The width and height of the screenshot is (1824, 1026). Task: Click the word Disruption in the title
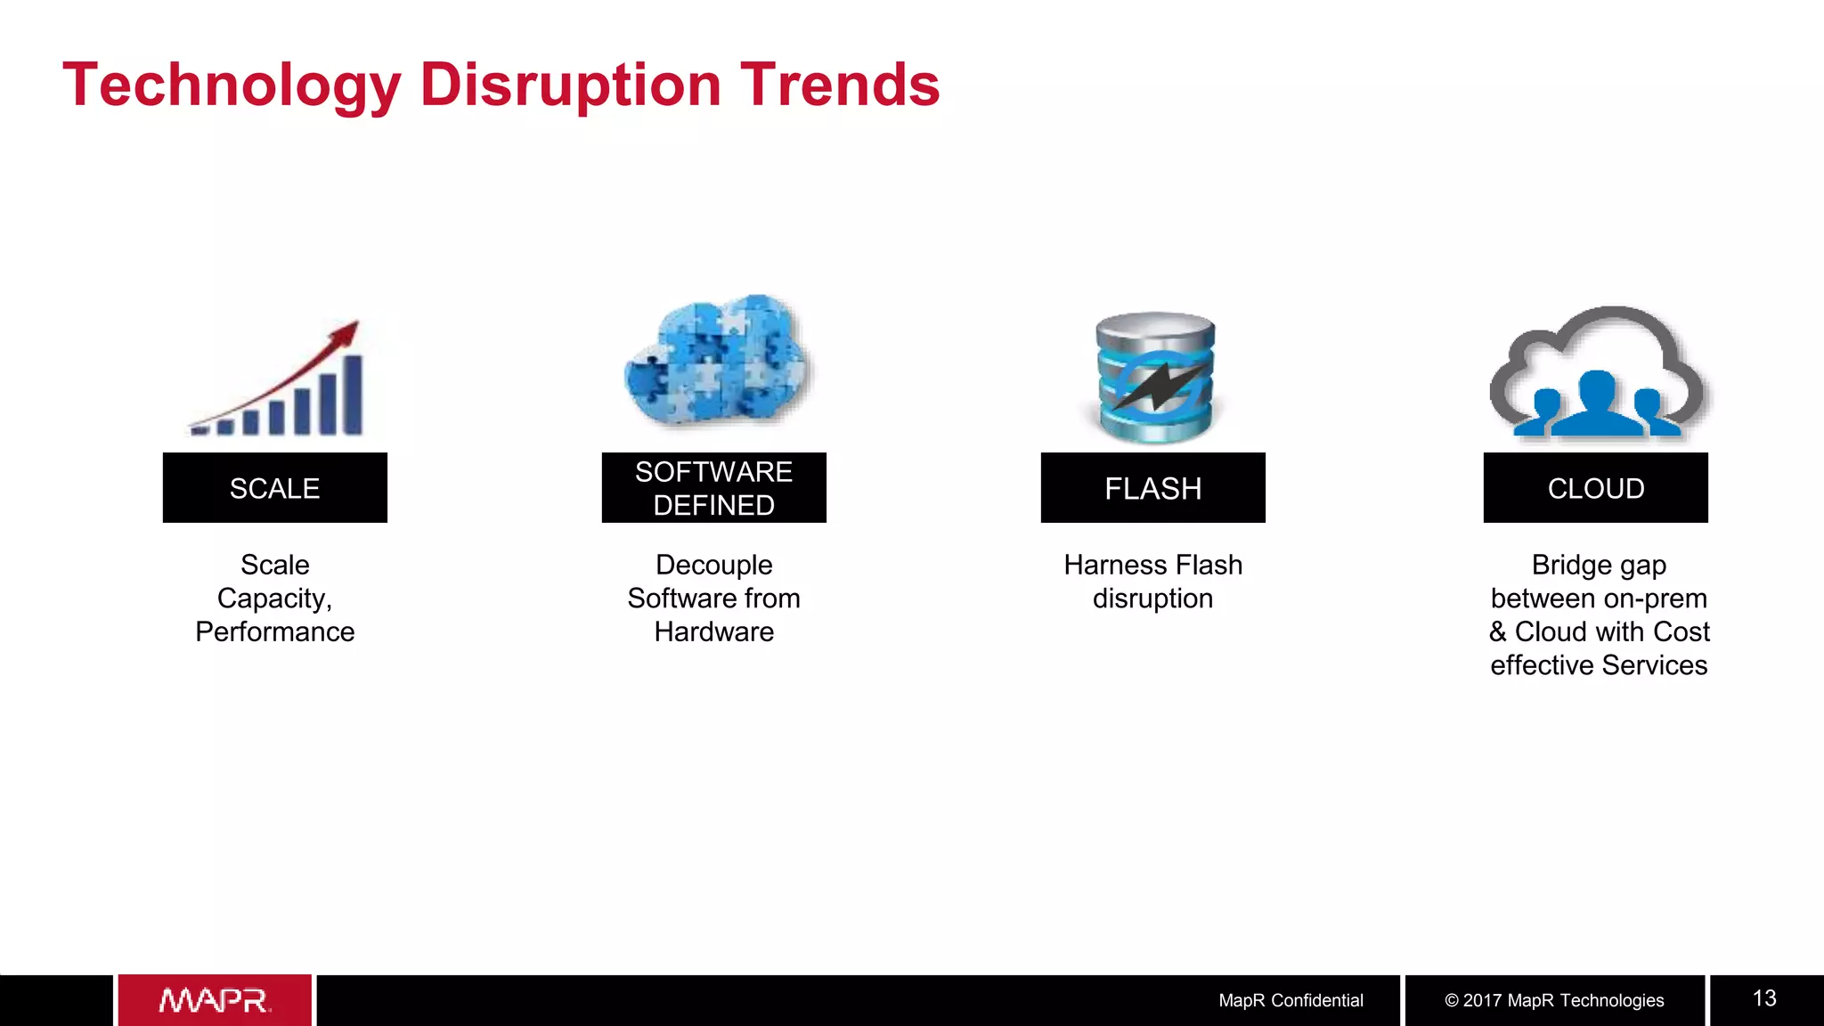coord(570,86)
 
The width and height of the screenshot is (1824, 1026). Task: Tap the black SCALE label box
coord(274,488)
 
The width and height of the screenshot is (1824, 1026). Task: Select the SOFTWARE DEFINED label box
coord(713,488)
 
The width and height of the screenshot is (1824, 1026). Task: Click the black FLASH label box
coord(1152,488)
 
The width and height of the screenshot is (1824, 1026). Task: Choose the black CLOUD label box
coord(1595,488)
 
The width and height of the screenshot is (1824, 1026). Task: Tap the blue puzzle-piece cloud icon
coord(717,361)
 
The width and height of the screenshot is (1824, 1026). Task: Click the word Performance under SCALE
coord(274,632)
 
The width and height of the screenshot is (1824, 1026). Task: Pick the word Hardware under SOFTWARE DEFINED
coord(713,632)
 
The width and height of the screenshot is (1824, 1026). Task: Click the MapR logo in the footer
coord(215,1001)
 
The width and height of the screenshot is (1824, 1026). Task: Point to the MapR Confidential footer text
coord(1291,1001)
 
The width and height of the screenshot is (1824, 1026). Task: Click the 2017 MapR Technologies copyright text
coord(1554,1001)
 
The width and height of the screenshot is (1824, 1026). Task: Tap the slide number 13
coord(1764,999)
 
